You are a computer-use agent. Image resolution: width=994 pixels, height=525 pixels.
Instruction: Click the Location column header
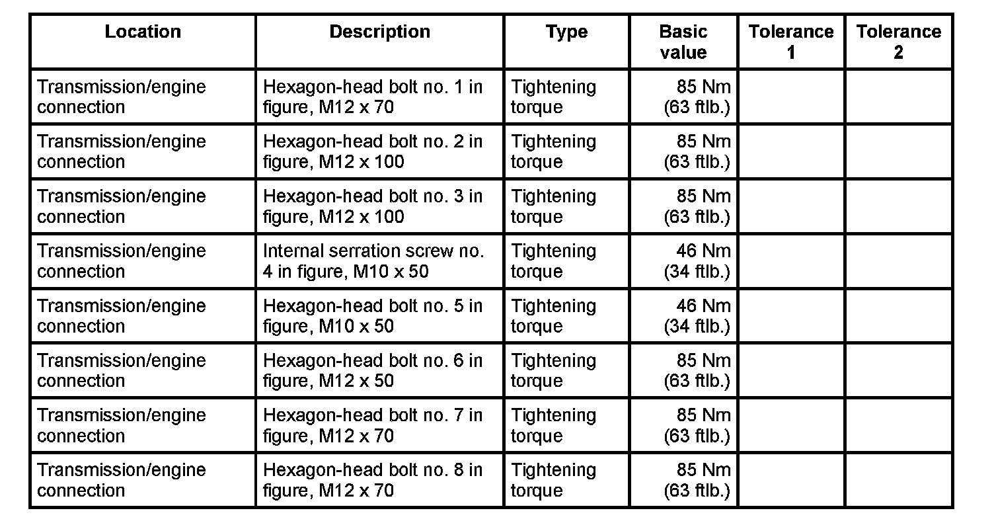coord(143,32)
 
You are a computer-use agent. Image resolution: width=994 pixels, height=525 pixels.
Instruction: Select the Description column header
coord(379,32)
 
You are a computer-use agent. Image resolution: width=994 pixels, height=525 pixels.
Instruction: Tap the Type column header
coord(567,32)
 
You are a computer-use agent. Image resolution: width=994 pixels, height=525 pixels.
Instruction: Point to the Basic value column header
coord(683,42)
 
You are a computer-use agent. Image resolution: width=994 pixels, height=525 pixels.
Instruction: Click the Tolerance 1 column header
coord(791,42)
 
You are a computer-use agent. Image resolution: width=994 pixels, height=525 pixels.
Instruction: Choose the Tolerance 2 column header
coord(898,42)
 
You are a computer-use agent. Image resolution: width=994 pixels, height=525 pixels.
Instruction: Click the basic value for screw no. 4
coord(697,261)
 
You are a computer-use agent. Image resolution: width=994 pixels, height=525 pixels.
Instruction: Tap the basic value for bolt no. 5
coord(697,316)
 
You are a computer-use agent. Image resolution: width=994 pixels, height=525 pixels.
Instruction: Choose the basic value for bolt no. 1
coord(697,97)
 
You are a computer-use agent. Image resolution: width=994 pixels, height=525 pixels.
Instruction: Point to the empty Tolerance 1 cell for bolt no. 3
coord(791,206)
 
